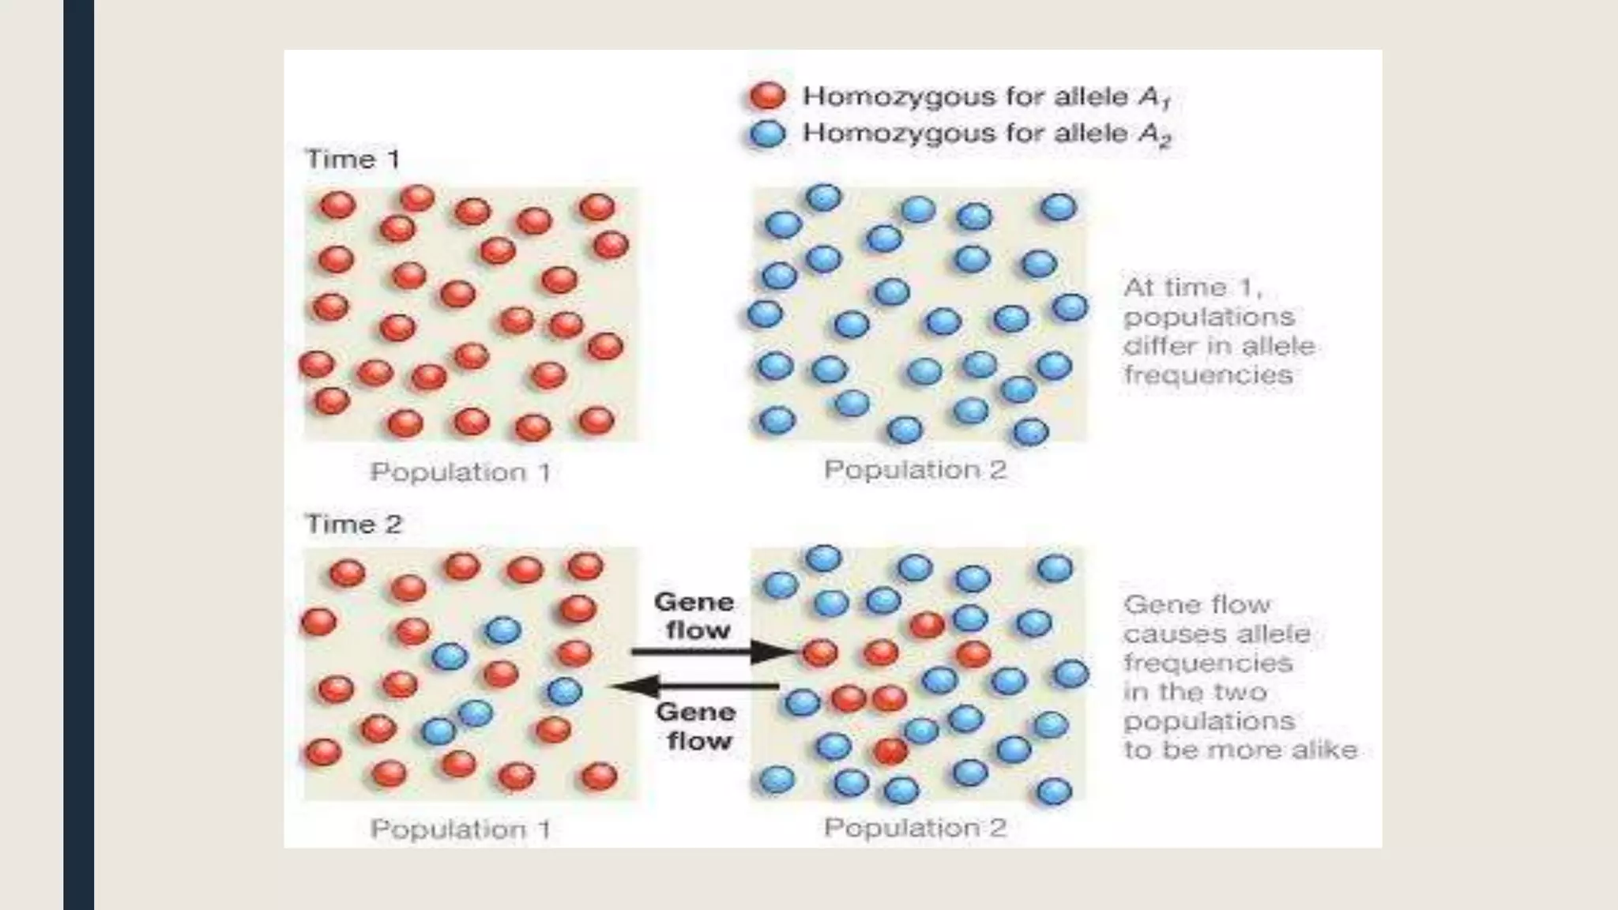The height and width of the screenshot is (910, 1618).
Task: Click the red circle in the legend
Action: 767,96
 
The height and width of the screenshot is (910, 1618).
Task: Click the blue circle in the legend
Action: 767,133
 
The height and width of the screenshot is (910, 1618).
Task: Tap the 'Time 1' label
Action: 352,160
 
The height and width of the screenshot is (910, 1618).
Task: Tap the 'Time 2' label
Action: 353,525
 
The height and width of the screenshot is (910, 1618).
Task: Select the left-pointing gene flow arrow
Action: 695,686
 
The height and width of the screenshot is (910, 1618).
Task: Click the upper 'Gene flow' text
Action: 694,616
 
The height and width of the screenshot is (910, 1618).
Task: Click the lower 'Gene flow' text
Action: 696,726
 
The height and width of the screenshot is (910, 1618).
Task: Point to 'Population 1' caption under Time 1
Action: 461,472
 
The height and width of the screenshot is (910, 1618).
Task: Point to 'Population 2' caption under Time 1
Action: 915,470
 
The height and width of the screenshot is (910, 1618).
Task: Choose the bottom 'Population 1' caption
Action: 461,829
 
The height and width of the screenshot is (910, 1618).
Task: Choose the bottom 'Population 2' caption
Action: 915,828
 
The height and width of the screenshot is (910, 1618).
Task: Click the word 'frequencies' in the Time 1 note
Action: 1208,374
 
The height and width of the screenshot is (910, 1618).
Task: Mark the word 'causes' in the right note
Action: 1163,634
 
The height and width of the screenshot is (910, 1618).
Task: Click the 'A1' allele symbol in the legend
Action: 1153,97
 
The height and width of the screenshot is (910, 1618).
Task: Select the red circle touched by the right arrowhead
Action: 820,652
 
